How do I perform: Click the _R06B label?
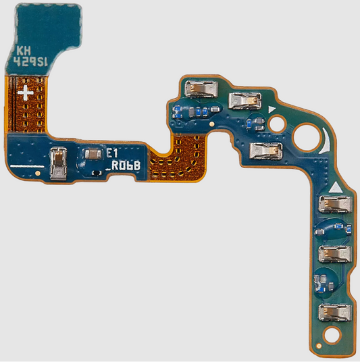(124, 166)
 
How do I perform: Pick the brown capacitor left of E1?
(93, 155)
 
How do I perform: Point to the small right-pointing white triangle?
(272, 109)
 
